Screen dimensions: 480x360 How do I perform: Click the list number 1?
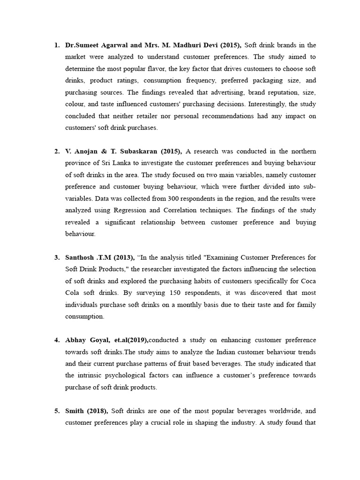click(x=56, y=45)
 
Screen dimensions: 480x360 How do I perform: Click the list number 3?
click(x=56, y=257)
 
